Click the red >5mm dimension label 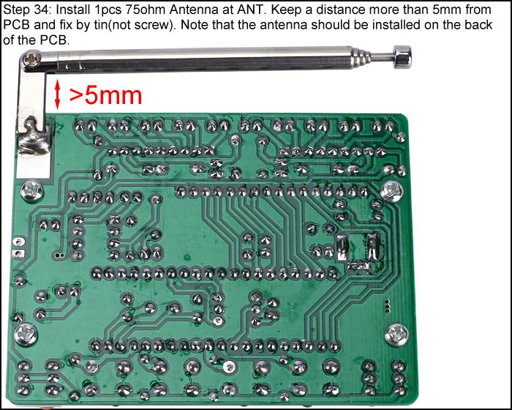click(x=106, y=95)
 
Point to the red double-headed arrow click(x=58, y=95)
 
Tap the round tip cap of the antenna click(x=402, y=57)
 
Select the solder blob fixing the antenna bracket click(x=34, y=135)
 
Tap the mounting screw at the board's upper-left click(x=31, y=191)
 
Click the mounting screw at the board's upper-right click(x=392, y=190)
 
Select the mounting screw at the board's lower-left click(x=26, y=334)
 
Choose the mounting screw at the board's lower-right click(x=396, y=334)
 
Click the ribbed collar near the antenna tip click(x=361, y=57)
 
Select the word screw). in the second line click(x=154, y=25)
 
